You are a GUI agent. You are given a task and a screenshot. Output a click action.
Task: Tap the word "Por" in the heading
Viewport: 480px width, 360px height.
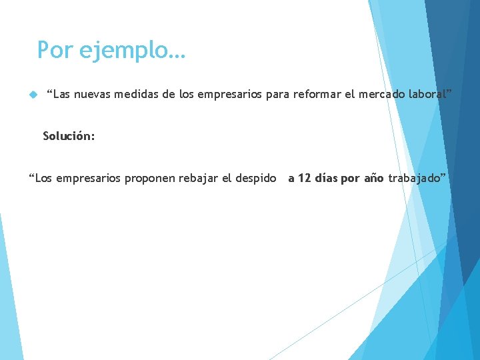pos(55,50)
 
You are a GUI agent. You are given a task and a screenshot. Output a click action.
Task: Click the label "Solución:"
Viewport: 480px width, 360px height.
pos(69,136)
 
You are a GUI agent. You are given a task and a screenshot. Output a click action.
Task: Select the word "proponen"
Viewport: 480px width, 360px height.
pos(152,178)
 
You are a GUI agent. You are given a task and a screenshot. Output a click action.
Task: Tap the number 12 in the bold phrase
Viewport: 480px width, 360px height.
pos(304,178)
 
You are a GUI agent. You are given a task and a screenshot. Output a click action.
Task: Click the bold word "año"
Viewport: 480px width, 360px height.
pos(374,178)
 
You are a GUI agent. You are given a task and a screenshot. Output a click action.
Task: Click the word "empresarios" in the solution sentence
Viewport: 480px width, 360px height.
pos(89,178)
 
